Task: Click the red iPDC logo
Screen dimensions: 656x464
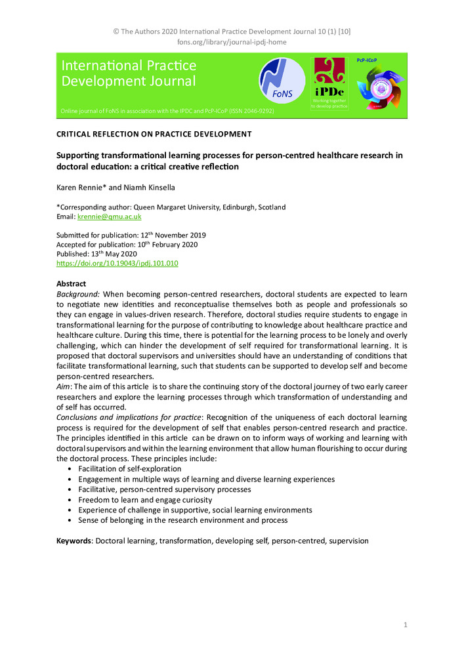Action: tap(329, 83)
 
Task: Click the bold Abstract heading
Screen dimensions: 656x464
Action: tap(71, 283)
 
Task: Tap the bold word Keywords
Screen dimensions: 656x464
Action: tap(74, 541)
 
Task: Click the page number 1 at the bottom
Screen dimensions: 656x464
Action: tap(406, 626)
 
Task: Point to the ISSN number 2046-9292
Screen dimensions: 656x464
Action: tap(255, 112)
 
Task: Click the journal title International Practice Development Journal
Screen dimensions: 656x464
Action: tap(129, 73)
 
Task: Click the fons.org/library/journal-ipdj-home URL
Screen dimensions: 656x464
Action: tap(232, 42)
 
